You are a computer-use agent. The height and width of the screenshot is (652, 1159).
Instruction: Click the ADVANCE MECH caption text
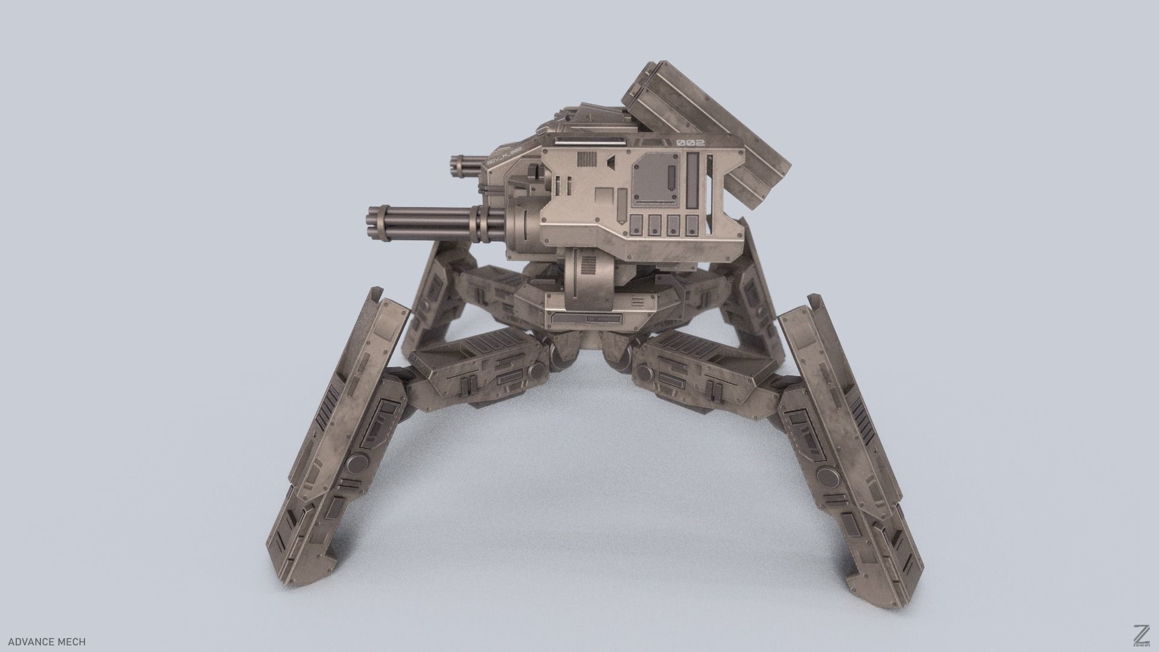point(47,642)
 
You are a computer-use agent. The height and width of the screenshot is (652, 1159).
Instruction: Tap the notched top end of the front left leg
point(386,299)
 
